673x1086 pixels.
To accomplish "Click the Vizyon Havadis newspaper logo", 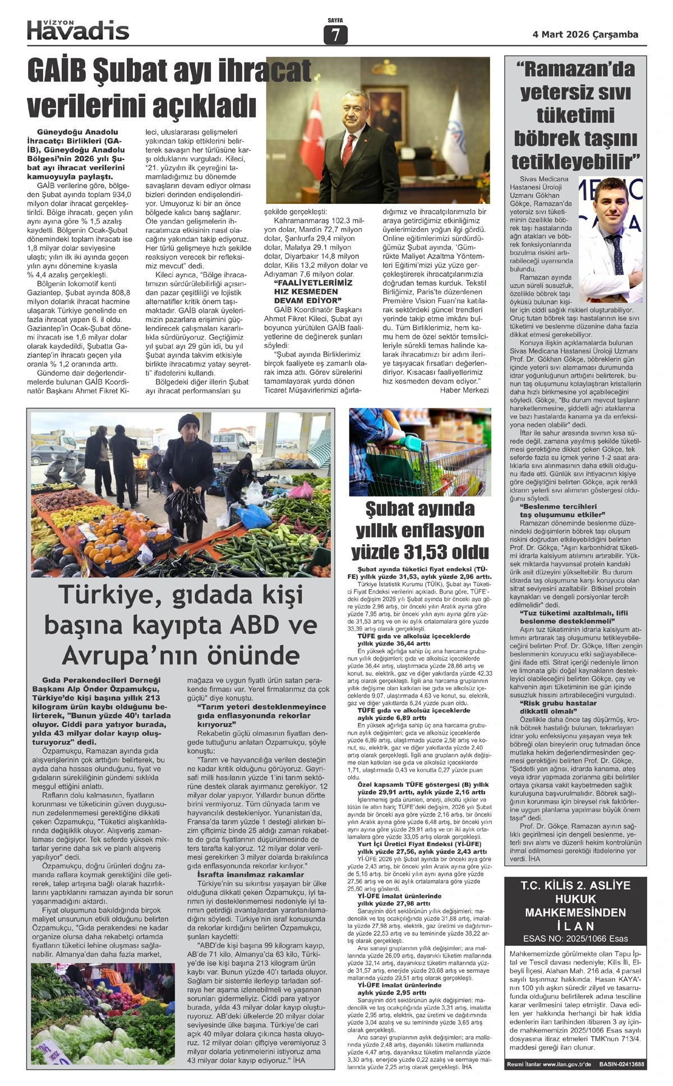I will pos(78,30).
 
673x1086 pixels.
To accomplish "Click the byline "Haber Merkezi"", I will pos(464,390).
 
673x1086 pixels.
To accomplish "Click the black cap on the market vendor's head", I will pos(189,422).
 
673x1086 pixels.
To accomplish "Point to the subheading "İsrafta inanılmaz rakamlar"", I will pos(251,874).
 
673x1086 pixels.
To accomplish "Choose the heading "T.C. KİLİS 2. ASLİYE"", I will pos(575,886).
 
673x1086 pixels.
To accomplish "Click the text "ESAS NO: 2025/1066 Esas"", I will pos(575,938).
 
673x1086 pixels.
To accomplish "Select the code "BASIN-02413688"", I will pos(621,1064).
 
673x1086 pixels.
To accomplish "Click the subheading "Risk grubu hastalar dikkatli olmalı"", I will pos(558,707).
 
